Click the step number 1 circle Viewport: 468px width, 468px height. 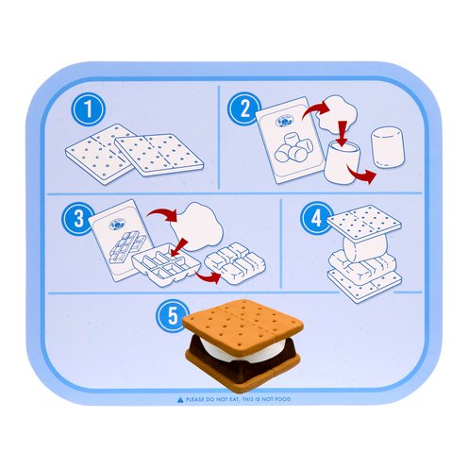[89, 109]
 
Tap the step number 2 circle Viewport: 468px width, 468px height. [244, 109]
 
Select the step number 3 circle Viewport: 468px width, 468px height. [78, 218]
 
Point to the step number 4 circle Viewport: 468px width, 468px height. [316, 218]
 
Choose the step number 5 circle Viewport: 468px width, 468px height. [173, 315]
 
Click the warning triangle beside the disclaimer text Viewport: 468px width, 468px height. [180, 400]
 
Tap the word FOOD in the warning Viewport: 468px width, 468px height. [283, 400]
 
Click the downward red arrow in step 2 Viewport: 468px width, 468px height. [343, 133]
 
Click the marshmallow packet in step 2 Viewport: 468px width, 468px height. [290, 140]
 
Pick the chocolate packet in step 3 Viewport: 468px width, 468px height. [121, 240]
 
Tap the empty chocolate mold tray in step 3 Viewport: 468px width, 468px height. [166, 264]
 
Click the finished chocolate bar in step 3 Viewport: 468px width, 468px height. [235, 263]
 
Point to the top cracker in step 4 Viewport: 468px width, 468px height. [364, 224]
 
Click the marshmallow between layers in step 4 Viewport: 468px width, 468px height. [365, 247]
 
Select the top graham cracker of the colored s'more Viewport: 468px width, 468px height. [242, 324]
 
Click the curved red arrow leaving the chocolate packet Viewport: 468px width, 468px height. [162, 214]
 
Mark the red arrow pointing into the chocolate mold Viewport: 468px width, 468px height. [178, 247]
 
